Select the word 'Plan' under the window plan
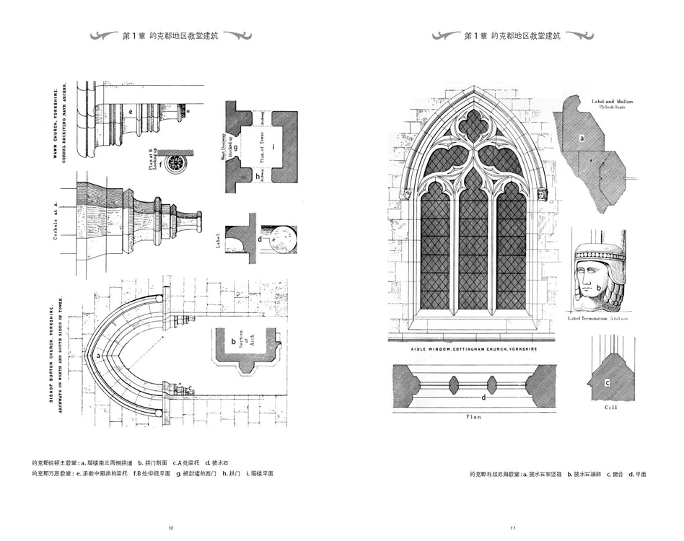click(x=473, y=417)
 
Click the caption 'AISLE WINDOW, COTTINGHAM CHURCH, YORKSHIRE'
click(x=473, y=349)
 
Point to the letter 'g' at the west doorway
click(x=235, y=146)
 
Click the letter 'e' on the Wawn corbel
click(x=130, y=112)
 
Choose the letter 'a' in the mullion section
click(x=582, y=136)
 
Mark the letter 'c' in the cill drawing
click(x=607, y=382)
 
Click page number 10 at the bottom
click(x=170, y=529)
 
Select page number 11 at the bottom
click(x=512, y=529)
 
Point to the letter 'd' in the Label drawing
click(x=260, y=238)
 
